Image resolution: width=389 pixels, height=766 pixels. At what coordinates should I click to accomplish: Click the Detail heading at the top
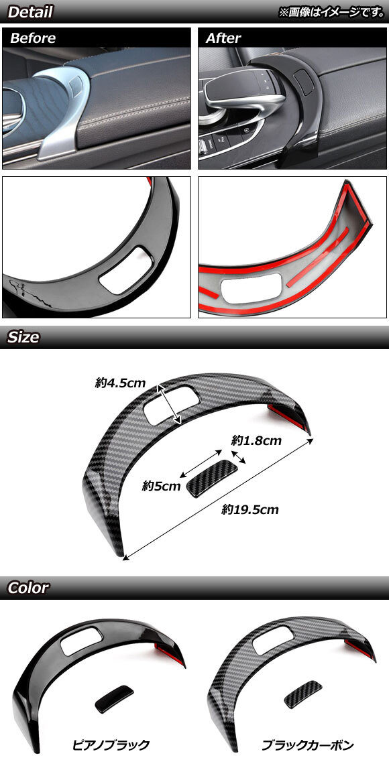point(30,12)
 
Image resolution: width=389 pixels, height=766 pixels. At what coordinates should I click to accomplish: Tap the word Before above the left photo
point(33,38)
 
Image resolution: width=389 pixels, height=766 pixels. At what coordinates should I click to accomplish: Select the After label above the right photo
point(223,38)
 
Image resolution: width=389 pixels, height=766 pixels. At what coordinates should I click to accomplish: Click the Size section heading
point(23,338)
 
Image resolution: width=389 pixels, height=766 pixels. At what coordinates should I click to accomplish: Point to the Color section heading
point(28,588)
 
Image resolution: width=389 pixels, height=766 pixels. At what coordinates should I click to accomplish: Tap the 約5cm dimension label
point(161,486)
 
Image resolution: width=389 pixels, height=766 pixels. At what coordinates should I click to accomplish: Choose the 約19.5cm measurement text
point(249,510)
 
